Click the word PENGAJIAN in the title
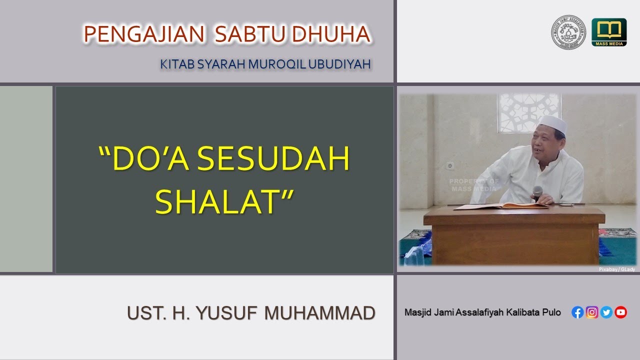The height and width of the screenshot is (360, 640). click(143, 34)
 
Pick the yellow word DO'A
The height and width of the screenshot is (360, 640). click(142, 159)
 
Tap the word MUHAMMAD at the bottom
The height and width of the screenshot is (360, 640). click(320, 313)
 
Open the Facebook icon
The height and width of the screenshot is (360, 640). click(577, 312)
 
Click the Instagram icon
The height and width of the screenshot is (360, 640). click(592, 312)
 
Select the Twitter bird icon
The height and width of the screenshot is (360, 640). click(606, 312)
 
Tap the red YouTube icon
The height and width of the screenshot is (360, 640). click(621, 312)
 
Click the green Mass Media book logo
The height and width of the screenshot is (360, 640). click(608, 32)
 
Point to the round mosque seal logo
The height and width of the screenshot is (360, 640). click(568, 32)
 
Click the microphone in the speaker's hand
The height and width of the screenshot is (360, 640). click(537, 192)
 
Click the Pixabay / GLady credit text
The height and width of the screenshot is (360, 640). click(616, 269)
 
